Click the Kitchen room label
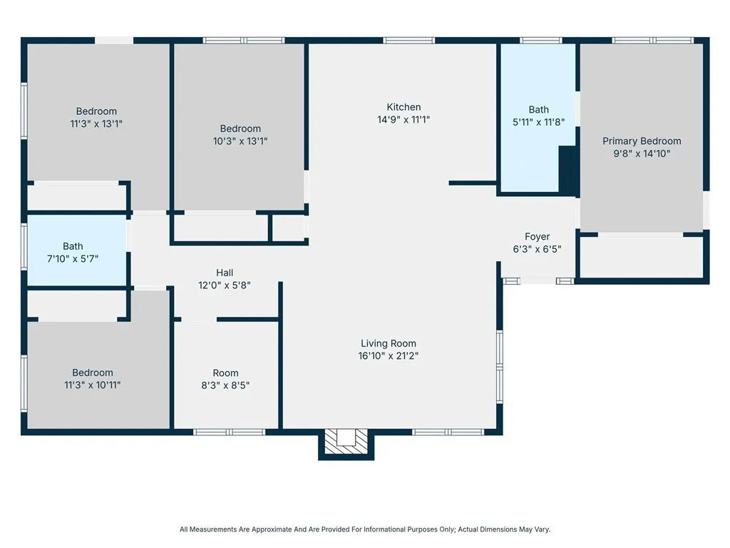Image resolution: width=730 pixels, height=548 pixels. [x=403, y=107]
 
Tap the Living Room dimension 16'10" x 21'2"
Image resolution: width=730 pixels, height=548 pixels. [x=389, y=355]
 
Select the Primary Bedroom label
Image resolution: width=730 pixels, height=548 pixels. [x=642, y=141]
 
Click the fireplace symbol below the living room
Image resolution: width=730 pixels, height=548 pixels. [x=346, y=440]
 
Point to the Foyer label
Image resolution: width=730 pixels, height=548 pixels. [x=537, y=237]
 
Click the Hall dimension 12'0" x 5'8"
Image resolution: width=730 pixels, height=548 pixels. [x=225, y=285]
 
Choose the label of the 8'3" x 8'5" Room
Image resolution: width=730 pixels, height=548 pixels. [x=225, y=372]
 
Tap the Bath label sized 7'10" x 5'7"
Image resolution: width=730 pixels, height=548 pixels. [x=73, y=246]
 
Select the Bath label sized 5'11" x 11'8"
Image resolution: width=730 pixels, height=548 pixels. [x=539, y=109]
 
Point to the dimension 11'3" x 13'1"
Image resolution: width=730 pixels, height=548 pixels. [x=96, y=123]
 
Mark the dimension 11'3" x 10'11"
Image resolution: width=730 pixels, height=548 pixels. [x=93, y=385]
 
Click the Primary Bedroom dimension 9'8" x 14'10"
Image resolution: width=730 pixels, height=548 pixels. [x=642, y=153]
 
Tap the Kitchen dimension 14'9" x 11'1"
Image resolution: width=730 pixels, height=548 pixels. [x=403, y=119]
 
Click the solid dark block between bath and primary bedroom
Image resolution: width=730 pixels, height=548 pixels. [x=567, y=170]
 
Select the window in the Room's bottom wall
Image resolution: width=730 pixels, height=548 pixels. [x=229, y=432]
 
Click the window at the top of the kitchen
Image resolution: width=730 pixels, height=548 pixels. [x=408, y=41]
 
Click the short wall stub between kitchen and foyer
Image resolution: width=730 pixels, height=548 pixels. [x=472, y=183]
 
